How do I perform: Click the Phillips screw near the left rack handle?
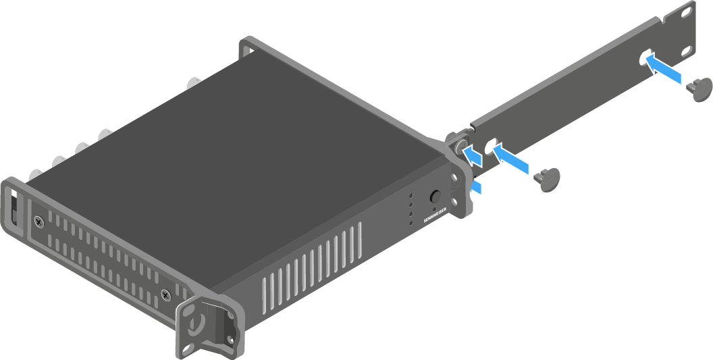point(39,223)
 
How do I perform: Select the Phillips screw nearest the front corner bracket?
point(165,295)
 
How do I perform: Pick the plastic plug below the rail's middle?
point(548,179)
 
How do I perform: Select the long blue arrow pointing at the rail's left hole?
point(511,158)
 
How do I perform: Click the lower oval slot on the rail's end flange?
point(687,49)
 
